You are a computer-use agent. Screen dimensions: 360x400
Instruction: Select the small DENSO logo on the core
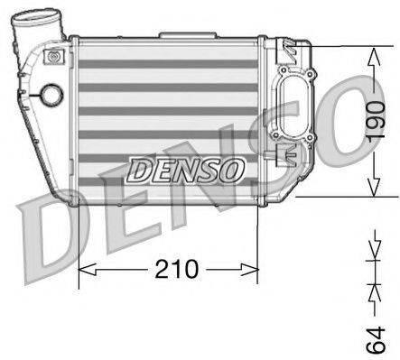(x=185, y=168)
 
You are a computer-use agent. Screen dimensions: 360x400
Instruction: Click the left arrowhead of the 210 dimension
(x=85, y=269)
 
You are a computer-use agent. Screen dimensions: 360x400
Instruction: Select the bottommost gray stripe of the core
(x=172, y=188)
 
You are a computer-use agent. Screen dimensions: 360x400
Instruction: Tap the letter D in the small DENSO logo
(x=137, y=168)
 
